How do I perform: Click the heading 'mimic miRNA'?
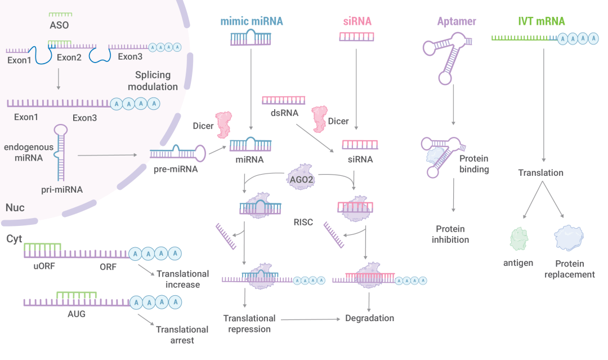click(251, 22)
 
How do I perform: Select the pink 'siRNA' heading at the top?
click(357, 22)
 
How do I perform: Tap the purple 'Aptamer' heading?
click(457, 22)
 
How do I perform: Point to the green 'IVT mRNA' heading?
click(541, 22)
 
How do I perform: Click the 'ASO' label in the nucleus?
click(60, 25)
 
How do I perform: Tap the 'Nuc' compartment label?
click(15, 208)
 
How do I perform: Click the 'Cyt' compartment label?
click(15, 239)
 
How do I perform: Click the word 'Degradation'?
click(369, 318)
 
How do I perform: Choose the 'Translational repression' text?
click(249, 324)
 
